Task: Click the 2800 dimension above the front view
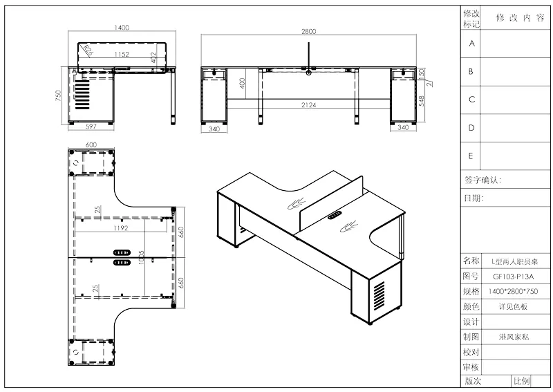(x=308, y=32)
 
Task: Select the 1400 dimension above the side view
(x=122, y=28)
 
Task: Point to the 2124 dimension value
(x=308, y=104)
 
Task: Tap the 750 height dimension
(x=59, y=95)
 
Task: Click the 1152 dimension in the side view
(x=122, y=53)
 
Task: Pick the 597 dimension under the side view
(x=90, y=127)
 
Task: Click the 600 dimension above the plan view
(x=91, y=144)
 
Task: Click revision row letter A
(x=471, y=43)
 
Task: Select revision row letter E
(x=471, y=156)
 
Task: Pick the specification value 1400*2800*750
(x=505, y=292)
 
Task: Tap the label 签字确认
(x=482, y=180)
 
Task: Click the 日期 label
(x=474, y=198)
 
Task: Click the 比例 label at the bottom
(x=522, y=381)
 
